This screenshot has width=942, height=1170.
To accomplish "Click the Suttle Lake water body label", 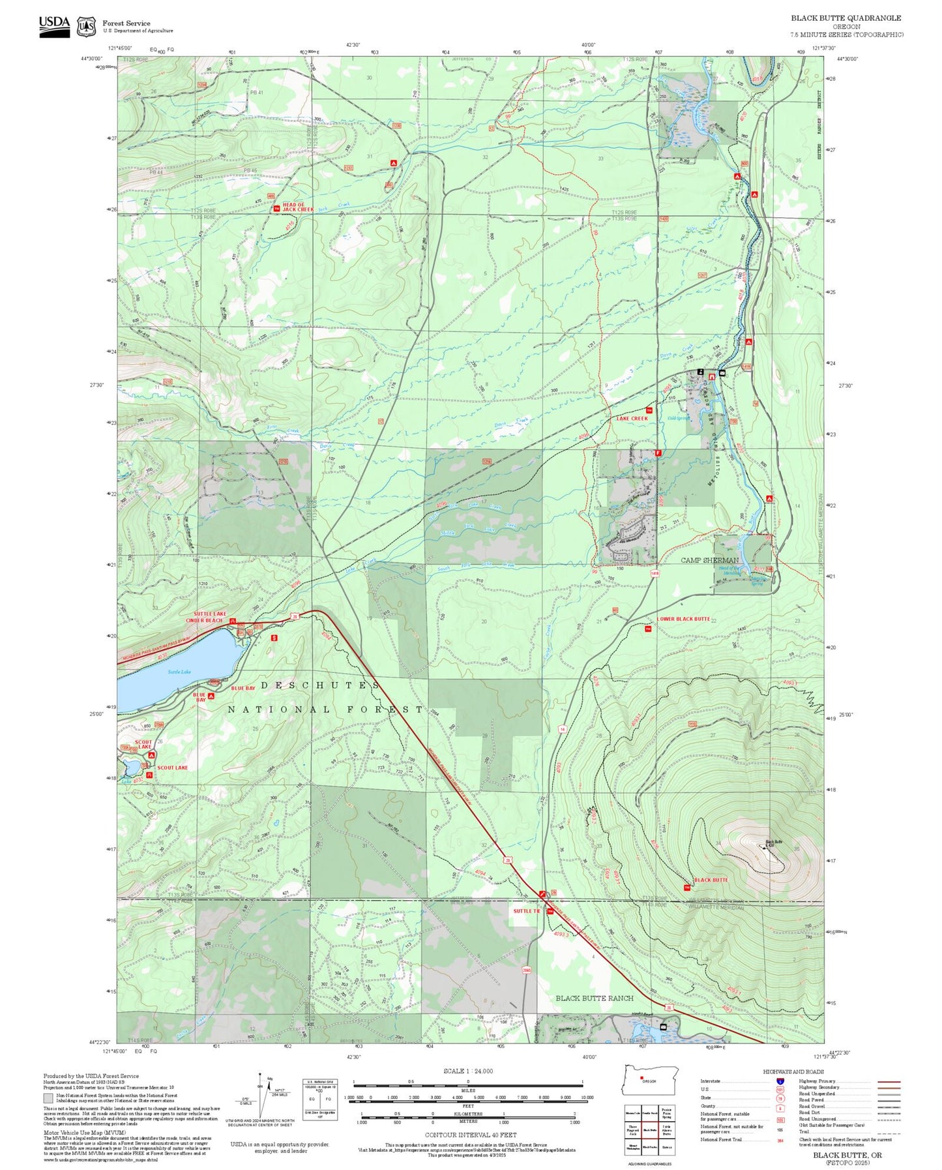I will pos(179,671).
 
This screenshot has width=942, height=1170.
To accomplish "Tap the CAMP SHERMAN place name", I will pos(710,560).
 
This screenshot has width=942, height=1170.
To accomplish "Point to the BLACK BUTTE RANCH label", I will pos(594,998).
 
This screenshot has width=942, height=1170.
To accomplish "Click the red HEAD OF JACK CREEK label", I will pos(298,207).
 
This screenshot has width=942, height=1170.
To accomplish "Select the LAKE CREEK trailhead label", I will pos(632,418).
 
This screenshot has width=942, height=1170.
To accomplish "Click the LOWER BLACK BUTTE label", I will pos(683,618).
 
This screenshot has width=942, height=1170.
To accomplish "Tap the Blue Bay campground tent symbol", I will pos(211,696).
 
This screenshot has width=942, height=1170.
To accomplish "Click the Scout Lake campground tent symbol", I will pos(151,755).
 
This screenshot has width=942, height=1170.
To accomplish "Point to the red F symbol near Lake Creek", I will pos(658,453).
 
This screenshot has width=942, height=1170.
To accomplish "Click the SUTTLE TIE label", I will pos(527,911).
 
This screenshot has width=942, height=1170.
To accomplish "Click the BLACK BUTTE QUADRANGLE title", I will pos(846,18).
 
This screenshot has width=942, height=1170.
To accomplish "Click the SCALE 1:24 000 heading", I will pos(468,1071).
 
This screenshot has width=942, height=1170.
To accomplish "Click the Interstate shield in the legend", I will pos(780,1081).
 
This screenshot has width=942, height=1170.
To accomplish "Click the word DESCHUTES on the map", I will pos(320,685).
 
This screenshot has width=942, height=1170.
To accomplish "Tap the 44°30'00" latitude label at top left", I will pos(95,59).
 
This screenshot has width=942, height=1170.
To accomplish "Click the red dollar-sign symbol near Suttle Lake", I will pos(274,638).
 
